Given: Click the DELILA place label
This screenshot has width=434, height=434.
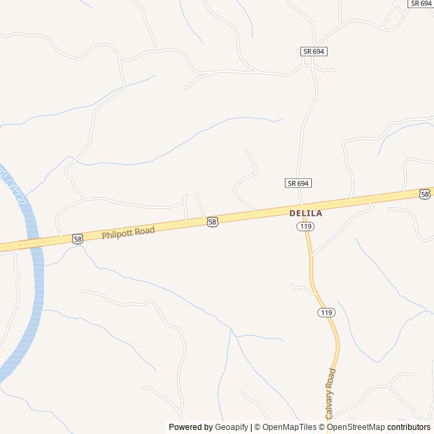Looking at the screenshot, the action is (x=306, y=213).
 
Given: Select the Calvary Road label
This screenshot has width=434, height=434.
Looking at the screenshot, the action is (x=330, y=393).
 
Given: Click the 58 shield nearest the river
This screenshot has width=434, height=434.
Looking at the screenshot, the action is (x=77, y=239).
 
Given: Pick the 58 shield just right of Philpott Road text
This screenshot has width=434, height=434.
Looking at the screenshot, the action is (x=213, y=222).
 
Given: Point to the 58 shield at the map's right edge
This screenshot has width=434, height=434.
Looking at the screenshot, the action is (x=425, y=195).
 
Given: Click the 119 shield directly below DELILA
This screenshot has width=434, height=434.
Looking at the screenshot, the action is (x=304, y=226).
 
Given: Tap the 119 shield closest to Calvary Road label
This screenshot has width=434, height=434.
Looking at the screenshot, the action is (x=326, y=313).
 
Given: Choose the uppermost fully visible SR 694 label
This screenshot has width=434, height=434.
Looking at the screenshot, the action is (x=314, y=52).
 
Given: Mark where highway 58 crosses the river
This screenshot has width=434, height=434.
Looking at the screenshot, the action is (x=34, y=242).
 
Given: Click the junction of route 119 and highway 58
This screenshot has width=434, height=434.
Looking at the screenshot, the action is (x=304, y=208).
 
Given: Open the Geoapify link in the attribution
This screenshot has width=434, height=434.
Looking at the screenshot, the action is (x=231, y=427).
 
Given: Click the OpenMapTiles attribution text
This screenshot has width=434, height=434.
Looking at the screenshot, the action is (x=289, y=427).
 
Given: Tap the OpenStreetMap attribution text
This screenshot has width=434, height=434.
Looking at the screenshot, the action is (x=356, y=427).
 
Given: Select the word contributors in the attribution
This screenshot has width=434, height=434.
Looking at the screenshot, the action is (x=409, y=427).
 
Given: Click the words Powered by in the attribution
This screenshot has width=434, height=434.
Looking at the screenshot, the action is (x=191, y=427).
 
